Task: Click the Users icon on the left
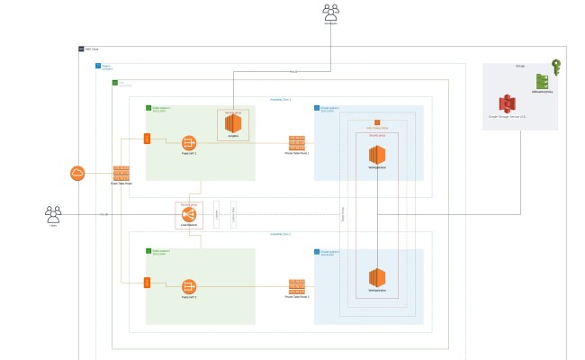point(53,214)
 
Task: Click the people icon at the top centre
point(331,11)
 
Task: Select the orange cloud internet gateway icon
point(78,174)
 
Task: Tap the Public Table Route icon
point(121,173)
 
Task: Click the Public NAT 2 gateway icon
point(189,285)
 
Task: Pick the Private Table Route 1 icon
point(296,143)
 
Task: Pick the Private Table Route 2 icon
point(296,285)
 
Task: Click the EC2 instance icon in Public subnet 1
point(233,124)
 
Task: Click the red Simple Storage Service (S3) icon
point(507,103)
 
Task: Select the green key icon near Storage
point(556,67)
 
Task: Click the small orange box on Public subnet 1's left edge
point(147,139)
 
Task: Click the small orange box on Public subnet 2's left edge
point(147,283)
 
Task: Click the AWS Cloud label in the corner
point(91,49)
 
